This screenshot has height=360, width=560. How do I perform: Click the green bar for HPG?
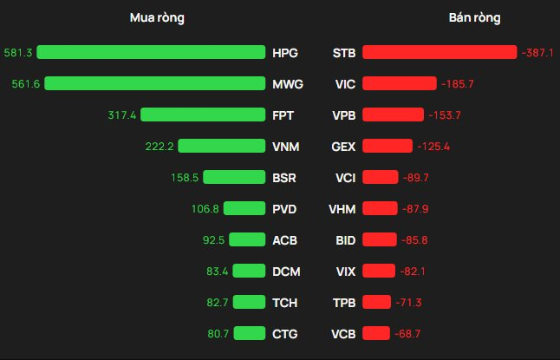[x=151, y=52]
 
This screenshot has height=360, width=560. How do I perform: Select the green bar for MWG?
[x=154, y=83]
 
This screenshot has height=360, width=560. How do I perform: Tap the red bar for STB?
[x=439, y=52]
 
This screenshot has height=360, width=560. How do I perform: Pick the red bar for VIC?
[x=399, y=83]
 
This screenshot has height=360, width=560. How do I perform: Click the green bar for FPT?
[x=203, y=115]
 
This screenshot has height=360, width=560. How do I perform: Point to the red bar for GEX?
[x=387, y=146]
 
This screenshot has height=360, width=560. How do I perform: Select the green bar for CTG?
[x=249, y=333]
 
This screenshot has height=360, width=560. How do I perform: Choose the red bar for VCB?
[x=376, y=333]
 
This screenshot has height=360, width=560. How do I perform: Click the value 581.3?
[x=17, y=52]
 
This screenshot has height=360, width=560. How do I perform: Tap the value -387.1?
[x=538, y=52]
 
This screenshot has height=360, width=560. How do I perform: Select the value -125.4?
[x=433, y=146]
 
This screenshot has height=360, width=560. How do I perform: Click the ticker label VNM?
[x=285, y=146]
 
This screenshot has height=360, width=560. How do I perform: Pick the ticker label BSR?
[x=284, y=178]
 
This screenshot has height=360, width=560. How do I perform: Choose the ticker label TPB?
[x=344, y=302]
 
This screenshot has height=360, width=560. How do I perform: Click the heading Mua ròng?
[x=157, y=17]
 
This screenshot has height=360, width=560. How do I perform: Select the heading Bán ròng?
[x=474, y=17]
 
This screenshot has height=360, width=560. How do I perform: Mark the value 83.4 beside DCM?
[x=217, y=271]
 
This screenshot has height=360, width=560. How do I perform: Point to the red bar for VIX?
[x=379, y=271]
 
